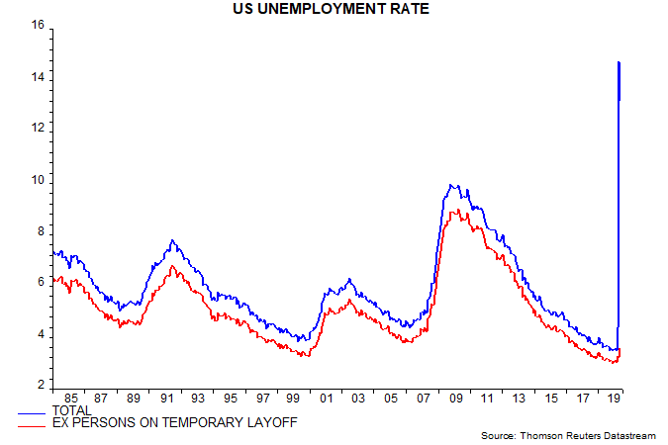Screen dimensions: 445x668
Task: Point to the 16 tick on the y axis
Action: [x=39, y=26]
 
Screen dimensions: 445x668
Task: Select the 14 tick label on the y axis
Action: [x=39, y=77]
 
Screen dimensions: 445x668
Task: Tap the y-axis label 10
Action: [x=39, y=180]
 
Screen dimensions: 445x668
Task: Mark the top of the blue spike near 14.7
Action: [x=619, y=62]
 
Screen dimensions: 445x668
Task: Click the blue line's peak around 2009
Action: [x=452, y=185]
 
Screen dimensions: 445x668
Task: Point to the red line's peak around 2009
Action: [x=453, y=211]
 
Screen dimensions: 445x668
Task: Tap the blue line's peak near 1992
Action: [x=172, y=240]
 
